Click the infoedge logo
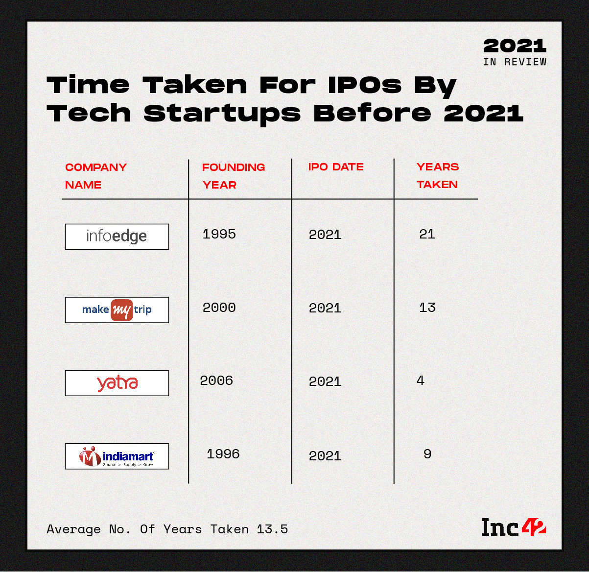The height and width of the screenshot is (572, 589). (x=117, y=237)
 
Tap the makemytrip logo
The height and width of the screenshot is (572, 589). (x=117, y=310)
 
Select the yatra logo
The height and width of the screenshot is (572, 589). (x=117, y=383)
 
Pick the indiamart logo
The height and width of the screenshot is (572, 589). (x=117, y=456)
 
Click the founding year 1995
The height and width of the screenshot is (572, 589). (x=219, y=234)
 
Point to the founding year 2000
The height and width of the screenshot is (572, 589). (x=219, y=308)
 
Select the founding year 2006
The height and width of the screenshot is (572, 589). (x=216, y=381)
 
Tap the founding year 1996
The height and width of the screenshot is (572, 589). (x=223, y=454)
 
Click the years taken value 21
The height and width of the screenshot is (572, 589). (x=427, y=234)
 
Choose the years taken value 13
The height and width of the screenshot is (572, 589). (x=427, y=308)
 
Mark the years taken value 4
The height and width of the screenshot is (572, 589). (x=421, y=381)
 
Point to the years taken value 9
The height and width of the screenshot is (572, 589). (x=427, y=454)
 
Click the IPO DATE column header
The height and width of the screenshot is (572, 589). (x=336, y=167)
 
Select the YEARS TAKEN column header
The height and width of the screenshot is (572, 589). (x=438, y=176)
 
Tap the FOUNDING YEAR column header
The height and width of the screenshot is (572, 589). (x=234, y=176)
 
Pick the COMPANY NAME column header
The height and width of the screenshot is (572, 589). (x=96, y=176)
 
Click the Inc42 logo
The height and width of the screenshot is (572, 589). (x=514, y=527)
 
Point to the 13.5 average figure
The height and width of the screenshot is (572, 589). (x=272, y=529)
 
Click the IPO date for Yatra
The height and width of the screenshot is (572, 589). (x=325, y=381)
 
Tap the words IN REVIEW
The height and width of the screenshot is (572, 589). (x=515, y=62)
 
